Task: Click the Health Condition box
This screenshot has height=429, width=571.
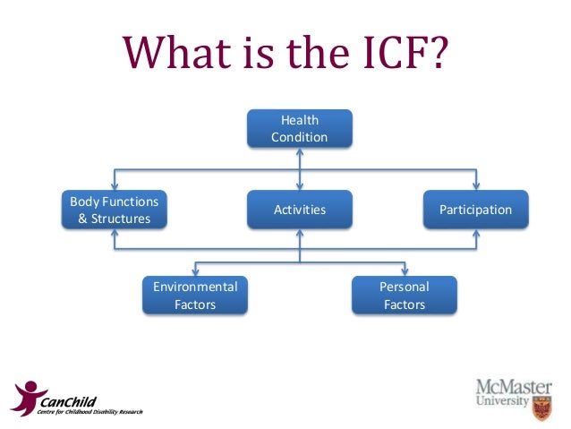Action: click(x=299, y=128)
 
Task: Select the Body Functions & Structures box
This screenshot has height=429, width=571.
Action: click(x=114, y=210)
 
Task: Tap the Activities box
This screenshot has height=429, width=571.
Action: click(x=299, y=210)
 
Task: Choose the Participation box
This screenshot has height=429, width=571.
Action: click(x=475, y=210)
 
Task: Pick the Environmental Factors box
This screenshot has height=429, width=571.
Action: click(x=195, y=296)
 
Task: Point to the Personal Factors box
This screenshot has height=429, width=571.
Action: click(x=405, y=296)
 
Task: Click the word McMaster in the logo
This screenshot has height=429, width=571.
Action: click(x=514, y=387)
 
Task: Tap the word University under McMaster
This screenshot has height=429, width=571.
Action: click(x=503, y=403)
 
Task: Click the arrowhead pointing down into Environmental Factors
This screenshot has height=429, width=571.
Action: click(x=195, y=271)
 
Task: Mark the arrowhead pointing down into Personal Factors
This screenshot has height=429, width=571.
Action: click(x=405, y=271)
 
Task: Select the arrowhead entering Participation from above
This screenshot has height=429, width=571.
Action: click(x=475, y=185)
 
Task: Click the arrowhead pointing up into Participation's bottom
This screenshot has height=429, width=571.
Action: click(x=475, y=234)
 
